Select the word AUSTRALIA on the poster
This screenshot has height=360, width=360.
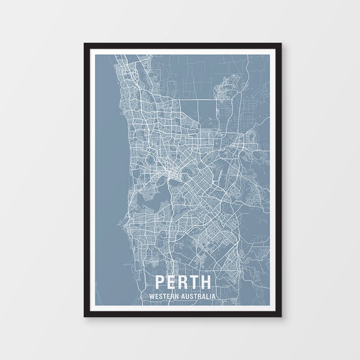197,296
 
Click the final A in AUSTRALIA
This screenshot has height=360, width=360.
213,296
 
